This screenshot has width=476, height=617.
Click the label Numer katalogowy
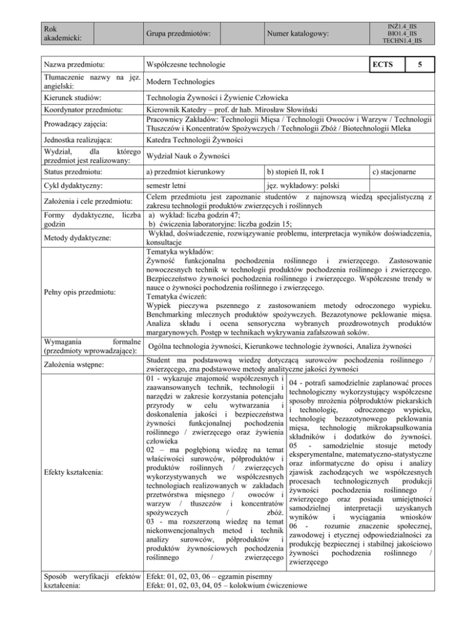pos(297,32)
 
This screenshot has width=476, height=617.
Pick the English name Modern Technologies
pos(181,82)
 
